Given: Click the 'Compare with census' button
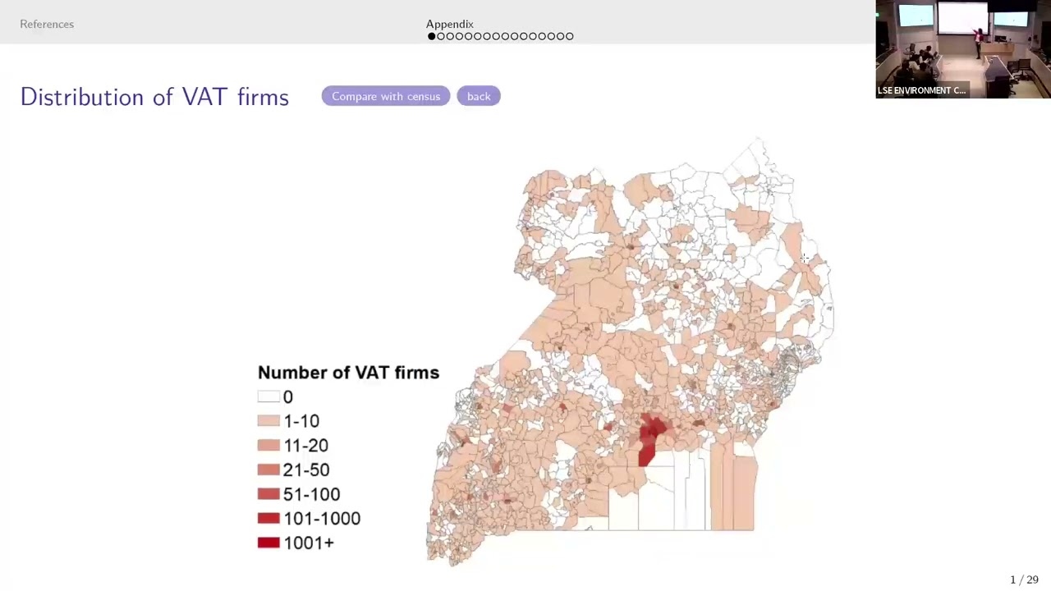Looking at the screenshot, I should [x=386, y=96].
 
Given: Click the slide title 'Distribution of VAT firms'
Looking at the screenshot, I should [x=154, y=97].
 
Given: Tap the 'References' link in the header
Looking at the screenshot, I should [x=47, y=24].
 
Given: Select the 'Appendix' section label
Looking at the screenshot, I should [x=449, y=24].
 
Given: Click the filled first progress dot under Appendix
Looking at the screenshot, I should [x=431, y=36].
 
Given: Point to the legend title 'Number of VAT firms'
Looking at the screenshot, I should [x=348, y=373].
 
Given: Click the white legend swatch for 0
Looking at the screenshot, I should [x=268, y=396].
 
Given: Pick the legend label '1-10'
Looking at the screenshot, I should [x=301, y=421].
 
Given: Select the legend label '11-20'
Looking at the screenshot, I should [x=305, y=446].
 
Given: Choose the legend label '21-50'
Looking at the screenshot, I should [x=306, y=470].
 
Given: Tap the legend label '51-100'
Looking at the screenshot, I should [x=311, y=494].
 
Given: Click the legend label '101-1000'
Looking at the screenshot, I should [x=322, y=519].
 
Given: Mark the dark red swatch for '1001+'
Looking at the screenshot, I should [x=268, y=543].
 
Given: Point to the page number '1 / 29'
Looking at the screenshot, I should [x=1024, y=580].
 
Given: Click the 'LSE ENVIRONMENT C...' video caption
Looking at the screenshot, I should [x=921, y=90].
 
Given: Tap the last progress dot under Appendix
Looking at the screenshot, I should [x=570, y=36].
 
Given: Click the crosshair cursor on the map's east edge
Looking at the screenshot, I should [x=805, y=259].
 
